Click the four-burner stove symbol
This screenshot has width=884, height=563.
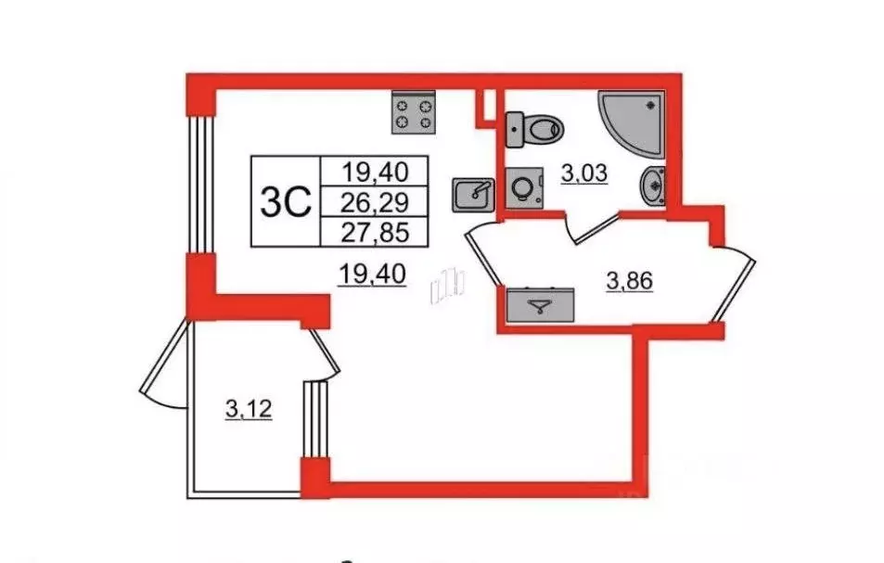[414, 113]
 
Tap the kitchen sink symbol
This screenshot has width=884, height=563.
[473, 195]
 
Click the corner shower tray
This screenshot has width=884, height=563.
[631, 122]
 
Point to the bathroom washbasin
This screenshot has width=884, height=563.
[652, 186]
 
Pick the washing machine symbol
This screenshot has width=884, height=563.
[524, 187]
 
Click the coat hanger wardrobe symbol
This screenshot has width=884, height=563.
[540, 305]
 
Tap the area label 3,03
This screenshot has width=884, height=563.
[584, 174]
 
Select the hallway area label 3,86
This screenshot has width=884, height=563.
[629, 281]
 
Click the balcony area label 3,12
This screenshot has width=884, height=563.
[249, 409]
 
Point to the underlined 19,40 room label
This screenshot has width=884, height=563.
[372, 275]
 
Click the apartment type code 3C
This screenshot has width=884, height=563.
[286, 203]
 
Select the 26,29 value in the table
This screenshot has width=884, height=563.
[375, 202]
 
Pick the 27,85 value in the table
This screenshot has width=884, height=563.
[375, 232]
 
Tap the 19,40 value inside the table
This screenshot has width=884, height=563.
[375, 172]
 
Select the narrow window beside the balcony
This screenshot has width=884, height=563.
[315, 420]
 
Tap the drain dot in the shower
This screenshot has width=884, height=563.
[653, 104]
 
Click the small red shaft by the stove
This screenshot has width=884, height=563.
[485, 109]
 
